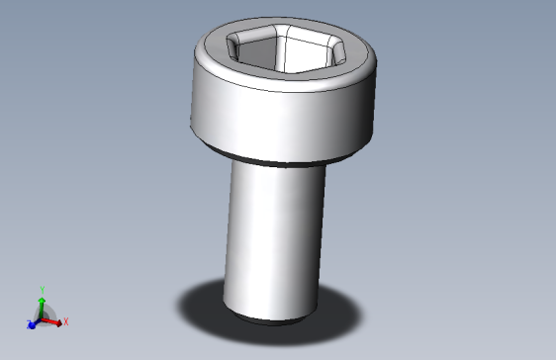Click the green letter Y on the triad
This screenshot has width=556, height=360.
point(43,289)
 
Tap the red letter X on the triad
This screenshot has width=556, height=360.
point(66,321)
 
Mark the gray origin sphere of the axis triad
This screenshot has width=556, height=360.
point(43,315)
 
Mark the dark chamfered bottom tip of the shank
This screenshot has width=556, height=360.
point(269,320)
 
